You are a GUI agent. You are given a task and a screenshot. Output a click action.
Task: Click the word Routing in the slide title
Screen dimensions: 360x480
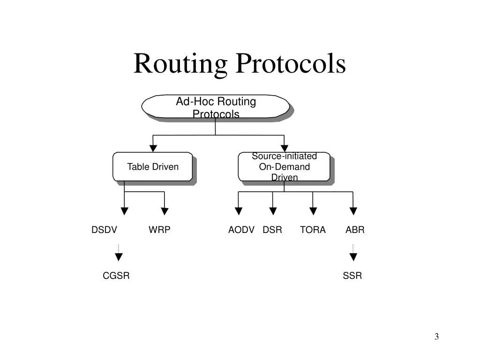180,64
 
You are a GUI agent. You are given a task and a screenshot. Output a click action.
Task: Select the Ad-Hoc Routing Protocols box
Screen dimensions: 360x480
216,107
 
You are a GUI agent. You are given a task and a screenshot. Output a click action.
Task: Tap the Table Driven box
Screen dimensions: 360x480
153,167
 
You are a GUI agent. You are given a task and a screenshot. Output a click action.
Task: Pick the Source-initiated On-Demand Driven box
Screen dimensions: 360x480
284,167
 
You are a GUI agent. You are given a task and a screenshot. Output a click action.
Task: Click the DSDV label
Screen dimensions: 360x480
104,230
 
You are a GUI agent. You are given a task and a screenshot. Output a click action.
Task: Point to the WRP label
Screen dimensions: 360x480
159,230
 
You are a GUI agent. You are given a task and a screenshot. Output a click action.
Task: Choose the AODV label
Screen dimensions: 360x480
241,230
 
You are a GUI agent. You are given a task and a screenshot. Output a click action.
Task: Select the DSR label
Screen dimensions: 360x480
272,230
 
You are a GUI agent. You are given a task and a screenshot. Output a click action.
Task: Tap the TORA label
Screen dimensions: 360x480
313,230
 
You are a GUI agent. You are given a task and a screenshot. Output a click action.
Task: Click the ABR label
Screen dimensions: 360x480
355,230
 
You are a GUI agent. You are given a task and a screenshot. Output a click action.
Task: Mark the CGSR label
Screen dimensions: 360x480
116,276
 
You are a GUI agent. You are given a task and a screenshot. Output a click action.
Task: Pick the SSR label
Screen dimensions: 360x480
352,276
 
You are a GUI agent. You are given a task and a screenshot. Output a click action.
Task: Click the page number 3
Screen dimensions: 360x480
436,337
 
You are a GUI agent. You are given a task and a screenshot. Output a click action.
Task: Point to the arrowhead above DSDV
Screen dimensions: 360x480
124,211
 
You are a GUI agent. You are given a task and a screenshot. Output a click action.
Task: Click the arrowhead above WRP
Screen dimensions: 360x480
164,211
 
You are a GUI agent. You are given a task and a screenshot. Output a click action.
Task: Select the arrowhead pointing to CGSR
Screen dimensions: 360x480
119,256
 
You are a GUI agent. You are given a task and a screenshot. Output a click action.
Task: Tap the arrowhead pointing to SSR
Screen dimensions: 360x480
353,256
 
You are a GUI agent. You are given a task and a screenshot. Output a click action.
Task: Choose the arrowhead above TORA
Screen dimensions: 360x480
313,211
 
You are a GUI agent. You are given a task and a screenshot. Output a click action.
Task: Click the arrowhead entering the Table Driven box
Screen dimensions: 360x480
153,149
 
